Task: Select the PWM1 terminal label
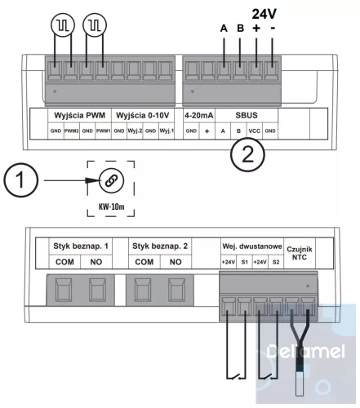[x=103, y=131]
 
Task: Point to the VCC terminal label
[x=256, y=131]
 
